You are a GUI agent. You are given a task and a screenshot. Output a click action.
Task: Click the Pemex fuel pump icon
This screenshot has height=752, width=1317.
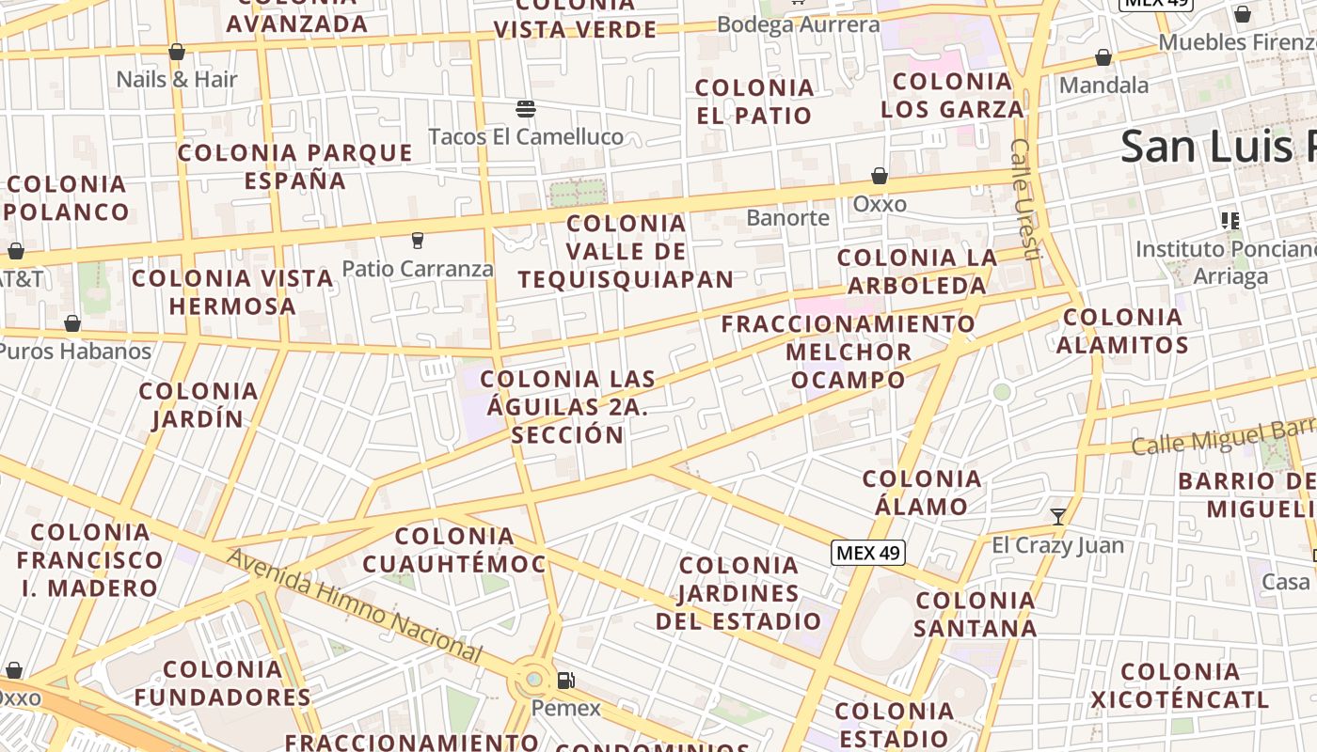coord(565,681)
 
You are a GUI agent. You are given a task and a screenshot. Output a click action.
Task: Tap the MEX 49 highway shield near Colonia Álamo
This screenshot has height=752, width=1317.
coord(868,553)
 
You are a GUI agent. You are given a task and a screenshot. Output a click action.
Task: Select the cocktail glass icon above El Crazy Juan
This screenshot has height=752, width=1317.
coord(1058,516)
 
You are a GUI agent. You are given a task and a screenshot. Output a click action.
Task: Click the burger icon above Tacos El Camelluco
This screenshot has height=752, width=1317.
coord(526,109)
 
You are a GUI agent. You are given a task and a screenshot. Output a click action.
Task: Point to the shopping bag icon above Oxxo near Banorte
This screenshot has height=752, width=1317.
coord(880,176)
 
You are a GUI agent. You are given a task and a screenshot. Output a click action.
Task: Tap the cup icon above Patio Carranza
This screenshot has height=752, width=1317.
coord(418,241)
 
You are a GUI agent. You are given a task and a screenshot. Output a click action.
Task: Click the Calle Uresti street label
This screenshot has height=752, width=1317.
coord(1025,199)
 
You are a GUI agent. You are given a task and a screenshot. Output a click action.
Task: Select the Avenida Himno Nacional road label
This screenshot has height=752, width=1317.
coord(355,604)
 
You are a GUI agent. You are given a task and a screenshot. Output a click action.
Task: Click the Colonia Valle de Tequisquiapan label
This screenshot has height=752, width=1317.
coord(626,251)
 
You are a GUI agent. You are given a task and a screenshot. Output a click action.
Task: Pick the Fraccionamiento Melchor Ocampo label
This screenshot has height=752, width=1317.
coord(849,352)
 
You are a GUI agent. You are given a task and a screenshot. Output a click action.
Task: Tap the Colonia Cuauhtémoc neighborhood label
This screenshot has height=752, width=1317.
coord(454,550)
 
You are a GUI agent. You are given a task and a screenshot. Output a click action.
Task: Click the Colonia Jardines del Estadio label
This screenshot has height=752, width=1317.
coord(738,593)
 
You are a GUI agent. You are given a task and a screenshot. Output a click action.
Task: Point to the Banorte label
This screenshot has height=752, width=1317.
coord(788,218)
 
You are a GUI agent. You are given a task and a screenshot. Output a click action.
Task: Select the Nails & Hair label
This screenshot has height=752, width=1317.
coord(177,79)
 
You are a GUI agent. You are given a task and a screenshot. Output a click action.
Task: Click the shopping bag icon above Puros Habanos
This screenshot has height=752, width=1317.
coord(72,324)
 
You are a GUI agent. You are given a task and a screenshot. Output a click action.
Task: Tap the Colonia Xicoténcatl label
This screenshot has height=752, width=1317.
coord(1180,685)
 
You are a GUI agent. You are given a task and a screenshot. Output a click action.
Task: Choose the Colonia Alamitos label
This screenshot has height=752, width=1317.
coord(1122,331)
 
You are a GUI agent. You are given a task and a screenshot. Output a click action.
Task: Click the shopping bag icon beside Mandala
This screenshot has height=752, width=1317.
coord(1103,58)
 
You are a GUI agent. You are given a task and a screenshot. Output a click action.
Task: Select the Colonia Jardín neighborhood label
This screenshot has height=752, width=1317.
coord(198,404)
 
